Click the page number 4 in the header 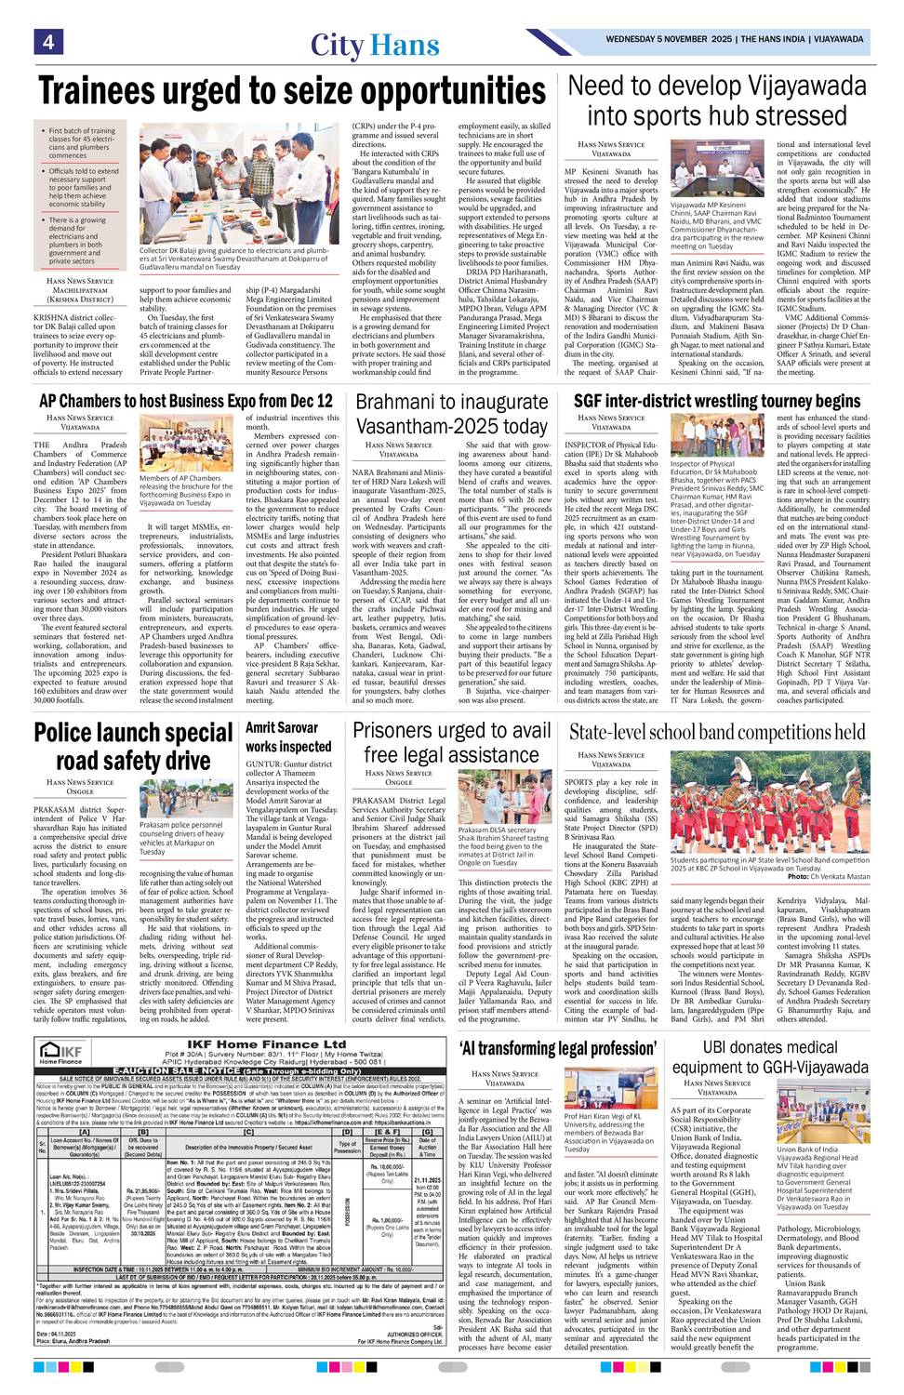click(x=47, y=43)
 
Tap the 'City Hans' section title click(x=375, y=46)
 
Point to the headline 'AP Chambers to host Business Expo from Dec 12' click(x=185, y=402)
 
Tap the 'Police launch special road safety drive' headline click(x=133, y=746)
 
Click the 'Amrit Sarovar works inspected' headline click(x=287, y=737)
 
